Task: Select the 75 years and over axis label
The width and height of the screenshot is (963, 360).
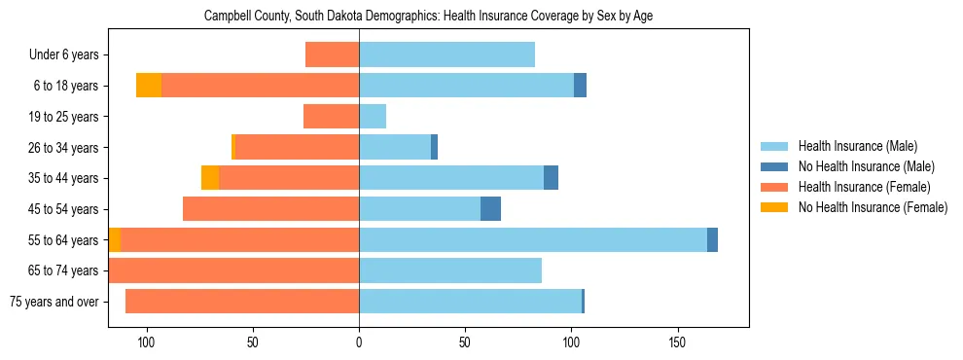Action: pos(53,302)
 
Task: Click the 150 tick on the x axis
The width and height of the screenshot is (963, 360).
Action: pos(678,342)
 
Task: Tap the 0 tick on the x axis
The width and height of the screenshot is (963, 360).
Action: pos(359,342)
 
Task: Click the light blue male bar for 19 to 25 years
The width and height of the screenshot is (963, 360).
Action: pos(373,117)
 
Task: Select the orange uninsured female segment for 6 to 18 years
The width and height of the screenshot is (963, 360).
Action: pos(149,86)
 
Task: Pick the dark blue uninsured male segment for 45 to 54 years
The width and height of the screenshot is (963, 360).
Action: pos(491,209)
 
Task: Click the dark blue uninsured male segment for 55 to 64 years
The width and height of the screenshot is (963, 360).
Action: pos(712,239)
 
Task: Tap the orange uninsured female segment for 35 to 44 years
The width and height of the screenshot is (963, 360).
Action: pos(210,178)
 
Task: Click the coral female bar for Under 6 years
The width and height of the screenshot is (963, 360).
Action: pos(333,54)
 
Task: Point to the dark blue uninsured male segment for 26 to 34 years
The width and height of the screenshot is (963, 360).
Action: pos(434,147)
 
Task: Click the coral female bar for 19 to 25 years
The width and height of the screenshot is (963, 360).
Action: pos(332,117)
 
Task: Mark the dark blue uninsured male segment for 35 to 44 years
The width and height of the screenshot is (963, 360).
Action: pos(551,178)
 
